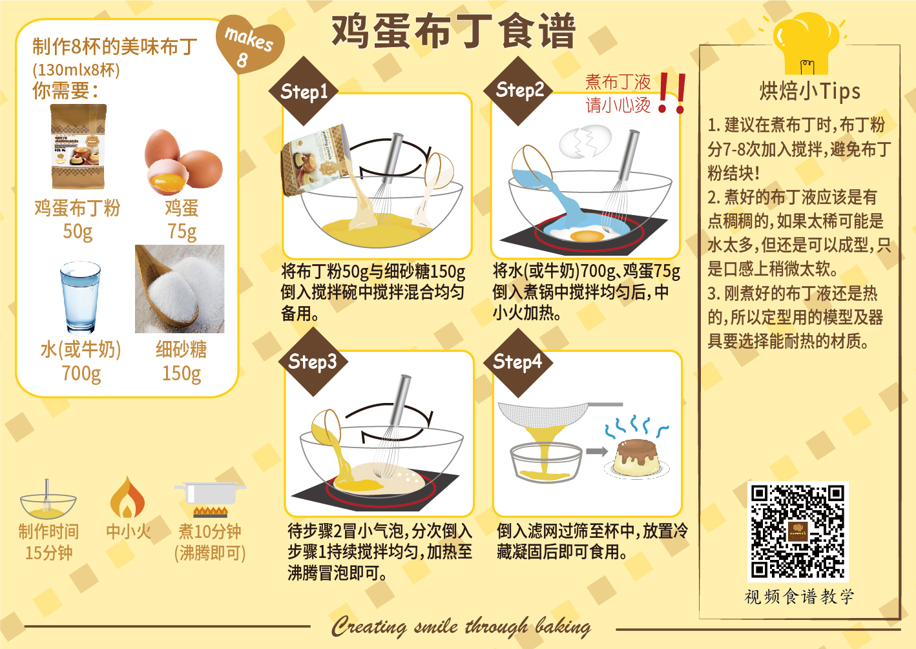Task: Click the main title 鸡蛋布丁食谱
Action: pyautogui.click(x=453, y=32)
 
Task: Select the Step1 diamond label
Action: pyautogui.click(x=304, y=91)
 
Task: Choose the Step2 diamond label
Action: pyautogui.click(x=519, y=90)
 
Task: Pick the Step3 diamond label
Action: pyautogui.click(x=313, y=362)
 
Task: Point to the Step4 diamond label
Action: pyautogui.click(x=518, y=362)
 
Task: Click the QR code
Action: pyautogui.click(x=798, y=531)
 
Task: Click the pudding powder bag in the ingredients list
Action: pyautogui.click(x=78, y=147)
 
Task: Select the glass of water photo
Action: pyautogui.click(x=81, y=298)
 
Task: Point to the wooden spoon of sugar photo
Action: pyautogui.click(x=180, y=289)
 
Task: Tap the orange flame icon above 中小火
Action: pyautogui.click(x=128, y=497)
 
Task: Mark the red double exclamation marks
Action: pyautogui.click(x=671, y=93)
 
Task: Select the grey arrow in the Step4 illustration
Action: pyautogui.click(x=597, y=451)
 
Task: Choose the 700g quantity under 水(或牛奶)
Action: pyautogui.click(x=81, y=373)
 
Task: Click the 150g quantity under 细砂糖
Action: pyautogui.click(x=182, y=373)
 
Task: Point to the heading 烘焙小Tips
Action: pyautogui.click(x=809, y=92)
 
